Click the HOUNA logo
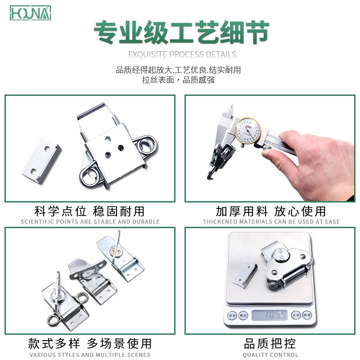(x=30, y=13)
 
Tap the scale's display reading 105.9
(x=270, y=315)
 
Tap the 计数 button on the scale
(x=296, y=315)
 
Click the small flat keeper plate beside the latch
(x=41, y=161)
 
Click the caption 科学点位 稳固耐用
(x=90, y=211)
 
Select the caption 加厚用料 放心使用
(x=270, y=211)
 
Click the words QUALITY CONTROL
(x=270, y=355)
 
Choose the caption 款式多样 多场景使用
(x=90, y=344)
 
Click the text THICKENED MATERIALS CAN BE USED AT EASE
(x=271, y=221)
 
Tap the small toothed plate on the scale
(x=245, y=275)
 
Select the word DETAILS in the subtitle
(x=221, y=54)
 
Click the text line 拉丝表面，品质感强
(x=178, y=80)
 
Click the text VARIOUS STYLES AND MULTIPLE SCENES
(x=90, y=355)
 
